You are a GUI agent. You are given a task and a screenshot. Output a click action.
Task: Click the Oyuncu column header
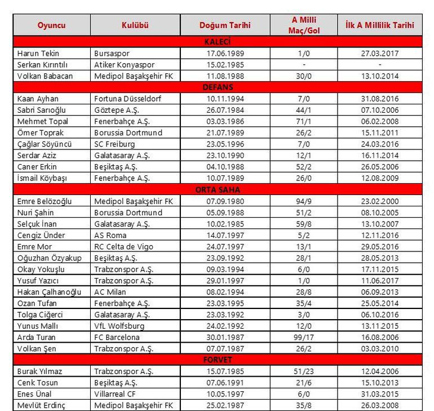coord(51,25)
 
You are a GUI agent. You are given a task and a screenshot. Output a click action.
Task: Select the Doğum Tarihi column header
coord(225,25)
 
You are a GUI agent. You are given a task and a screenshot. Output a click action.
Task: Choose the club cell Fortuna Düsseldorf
coord(127,99)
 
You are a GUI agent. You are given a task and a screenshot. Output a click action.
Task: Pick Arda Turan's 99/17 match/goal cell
coord(305,337)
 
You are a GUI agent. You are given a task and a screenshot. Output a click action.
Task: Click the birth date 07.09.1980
coord(224,201)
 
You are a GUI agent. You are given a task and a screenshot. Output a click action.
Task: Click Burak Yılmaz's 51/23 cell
coord(305,372)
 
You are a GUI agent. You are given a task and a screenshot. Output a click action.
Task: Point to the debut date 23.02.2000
coord(380,201)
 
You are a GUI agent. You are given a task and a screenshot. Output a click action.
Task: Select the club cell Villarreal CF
coord(115,394)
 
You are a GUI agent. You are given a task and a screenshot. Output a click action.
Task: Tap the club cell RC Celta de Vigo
coord(123,246)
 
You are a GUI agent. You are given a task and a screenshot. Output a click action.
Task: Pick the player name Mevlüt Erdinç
coord(43,405)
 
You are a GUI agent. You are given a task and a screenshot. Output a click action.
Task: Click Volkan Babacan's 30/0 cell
coord(305,76)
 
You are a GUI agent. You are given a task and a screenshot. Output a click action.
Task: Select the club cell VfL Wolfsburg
coord(119,326)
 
